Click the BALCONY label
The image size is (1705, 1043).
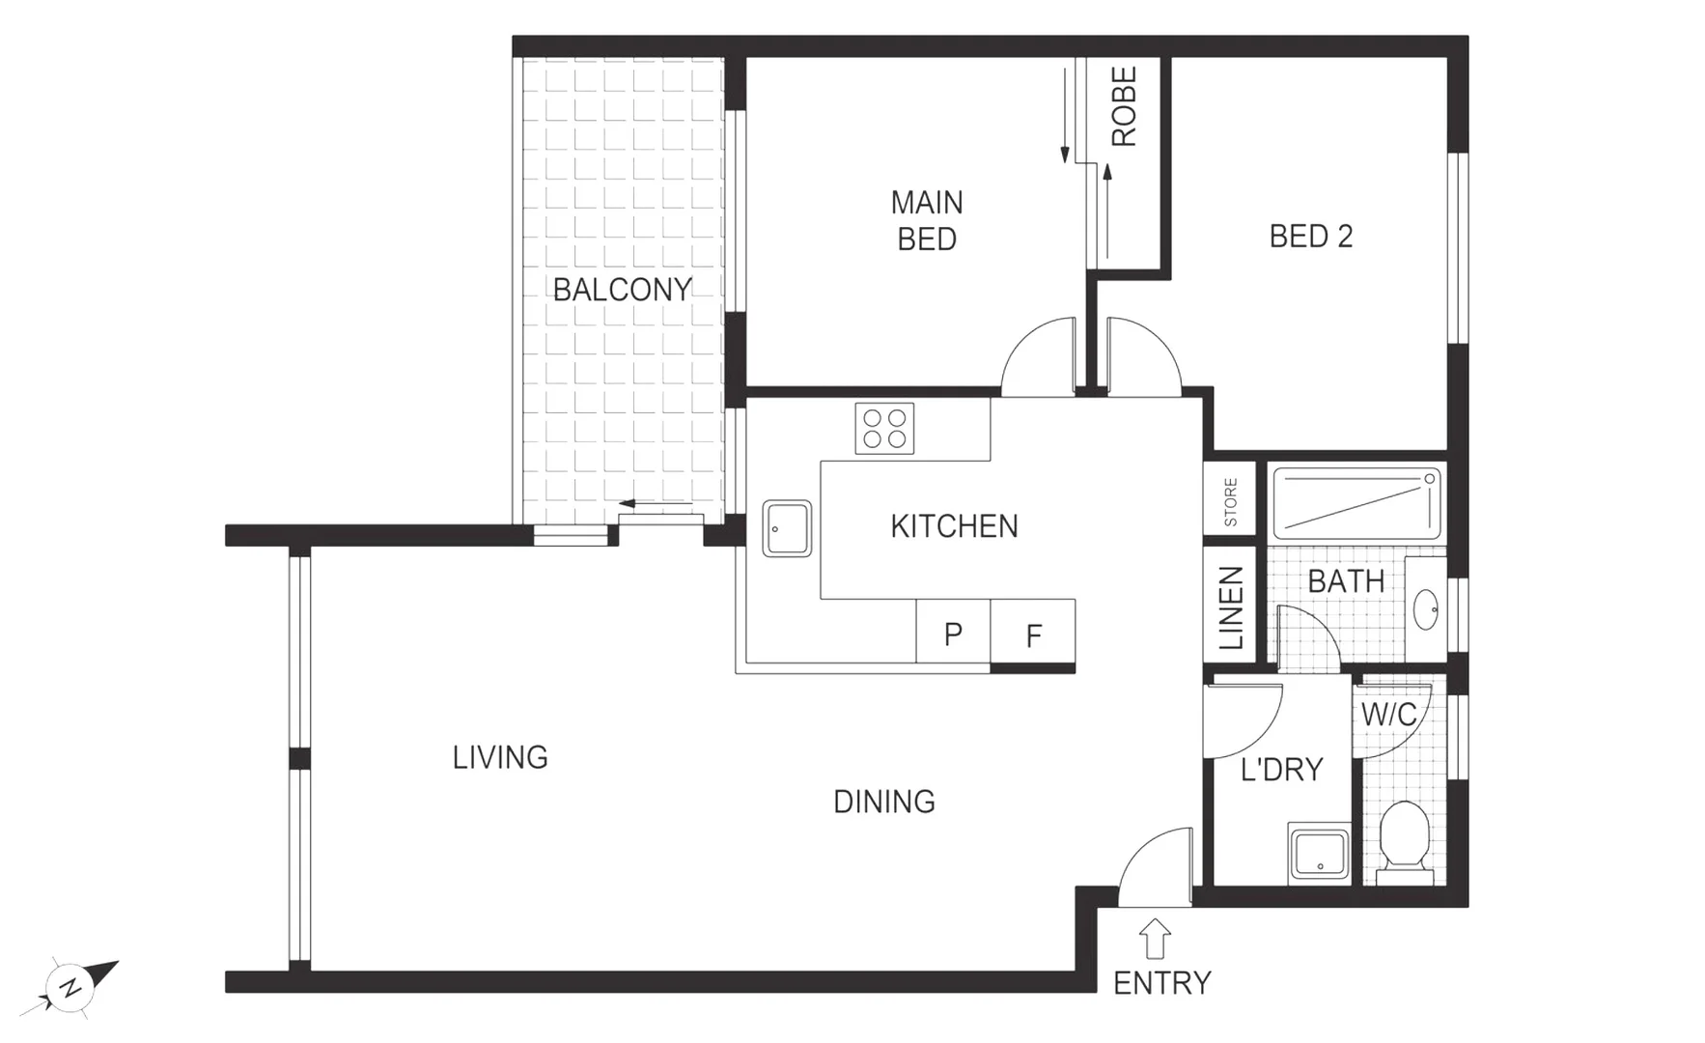[x=622, y=289]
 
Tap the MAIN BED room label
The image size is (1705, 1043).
[x=927, y=221]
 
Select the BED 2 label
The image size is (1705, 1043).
[x=1310, y=237]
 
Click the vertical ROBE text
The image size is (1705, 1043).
[x=1124, y=106]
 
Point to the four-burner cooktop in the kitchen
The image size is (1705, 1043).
[x=884, y=429]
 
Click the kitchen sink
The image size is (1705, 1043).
[x=787, y=528]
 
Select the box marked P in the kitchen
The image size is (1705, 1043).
[x=953, y=634]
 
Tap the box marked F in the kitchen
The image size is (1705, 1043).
[x=1033, y=634]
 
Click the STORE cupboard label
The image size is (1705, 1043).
[x=1230, y=501]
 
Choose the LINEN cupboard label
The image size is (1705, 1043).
[x=1230, y=607]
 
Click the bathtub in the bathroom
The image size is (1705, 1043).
[x=1356, y=502]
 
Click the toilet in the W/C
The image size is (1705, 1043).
[x=1404, y=836]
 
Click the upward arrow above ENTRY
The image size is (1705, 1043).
[x=1155, y=938]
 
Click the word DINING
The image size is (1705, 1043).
[x=883, y=802]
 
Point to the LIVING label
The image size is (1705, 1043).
[x=500, y=757]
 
